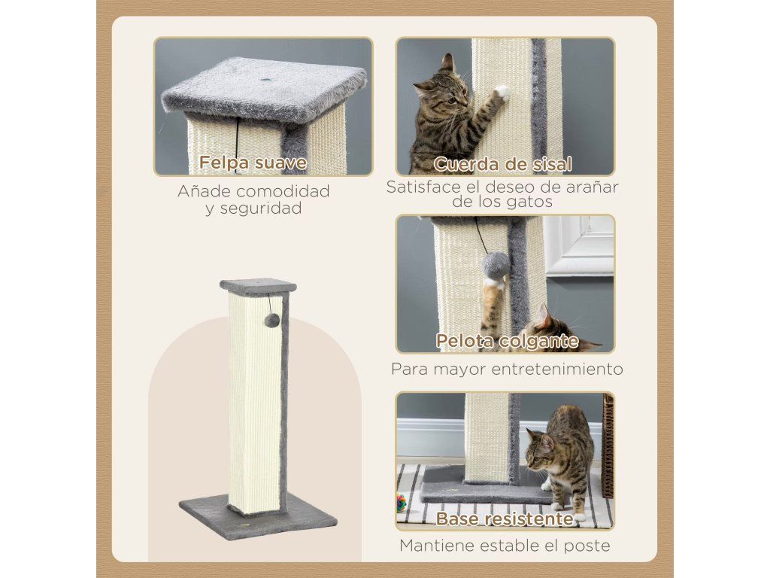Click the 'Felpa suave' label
253,163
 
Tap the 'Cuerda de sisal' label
503,164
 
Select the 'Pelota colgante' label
508,341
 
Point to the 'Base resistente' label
505,519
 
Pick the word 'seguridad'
260,208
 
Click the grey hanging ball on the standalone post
271,321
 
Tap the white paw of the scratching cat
502,92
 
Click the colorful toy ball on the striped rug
402,503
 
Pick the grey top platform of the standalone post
259,287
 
